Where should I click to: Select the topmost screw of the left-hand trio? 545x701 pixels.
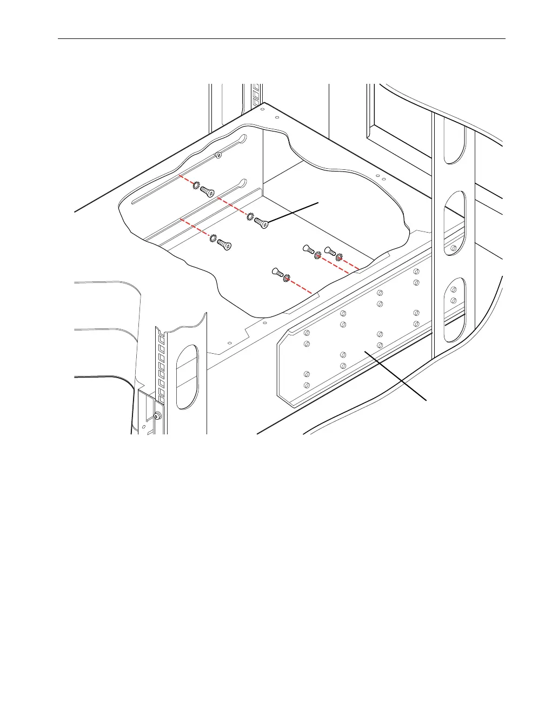coord(208,192)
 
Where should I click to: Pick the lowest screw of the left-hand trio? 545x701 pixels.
coord(225,245)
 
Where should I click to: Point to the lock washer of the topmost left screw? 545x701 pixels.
coord(196,186)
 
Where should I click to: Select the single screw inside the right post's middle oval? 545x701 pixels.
coord(453,249)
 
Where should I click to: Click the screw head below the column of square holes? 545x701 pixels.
coord(157,416)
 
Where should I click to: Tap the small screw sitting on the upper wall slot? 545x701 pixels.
coord(218,156)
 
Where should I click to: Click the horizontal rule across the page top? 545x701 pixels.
coord(281,39)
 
